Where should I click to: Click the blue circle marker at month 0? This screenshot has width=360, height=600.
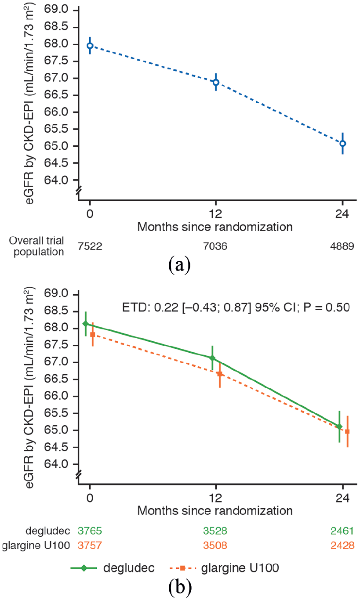pyautogui.click(x=90, y=46)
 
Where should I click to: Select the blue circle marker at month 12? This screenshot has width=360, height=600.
pyautogui.click(x=216, y=82)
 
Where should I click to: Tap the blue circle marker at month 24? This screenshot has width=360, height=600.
pyautogui.click(x=342, y=144)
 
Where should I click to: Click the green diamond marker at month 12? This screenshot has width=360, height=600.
pyautogui.click(x=212, y=358)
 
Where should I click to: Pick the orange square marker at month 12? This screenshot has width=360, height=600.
pyautogui.click(x=220, y=374)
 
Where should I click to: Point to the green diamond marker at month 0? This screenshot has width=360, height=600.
pyautogui.click(x=86, y=324)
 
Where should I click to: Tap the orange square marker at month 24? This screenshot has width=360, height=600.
pyautogui.click(x=347, y=431)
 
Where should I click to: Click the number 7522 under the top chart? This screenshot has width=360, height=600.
pyautogui.click(x=90, y=246)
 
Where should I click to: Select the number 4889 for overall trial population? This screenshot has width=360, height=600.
pyautogui.click(x=342, y=246)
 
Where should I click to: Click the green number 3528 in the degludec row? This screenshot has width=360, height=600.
pyautogui.click(x=215, y=531)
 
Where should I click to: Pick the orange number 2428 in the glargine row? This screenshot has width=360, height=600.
pyautogui.click(x=342, y=546)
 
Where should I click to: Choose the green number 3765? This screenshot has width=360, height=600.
pyautogui.click(x=90, y=531)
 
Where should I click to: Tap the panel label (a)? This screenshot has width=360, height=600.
pyautogui.click(x=180, y=264)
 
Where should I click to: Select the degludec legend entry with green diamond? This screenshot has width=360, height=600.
pyautogui.click(x=113, y=568)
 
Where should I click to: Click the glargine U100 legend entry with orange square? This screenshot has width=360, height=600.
pyautogui.click(x=224, y=568)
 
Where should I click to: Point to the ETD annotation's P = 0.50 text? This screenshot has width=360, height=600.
pyautogui.click(x=327, y=307)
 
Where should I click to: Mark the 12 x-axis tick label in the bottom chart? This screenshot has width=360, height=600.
pyautogui.click(x=215, y=498)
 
